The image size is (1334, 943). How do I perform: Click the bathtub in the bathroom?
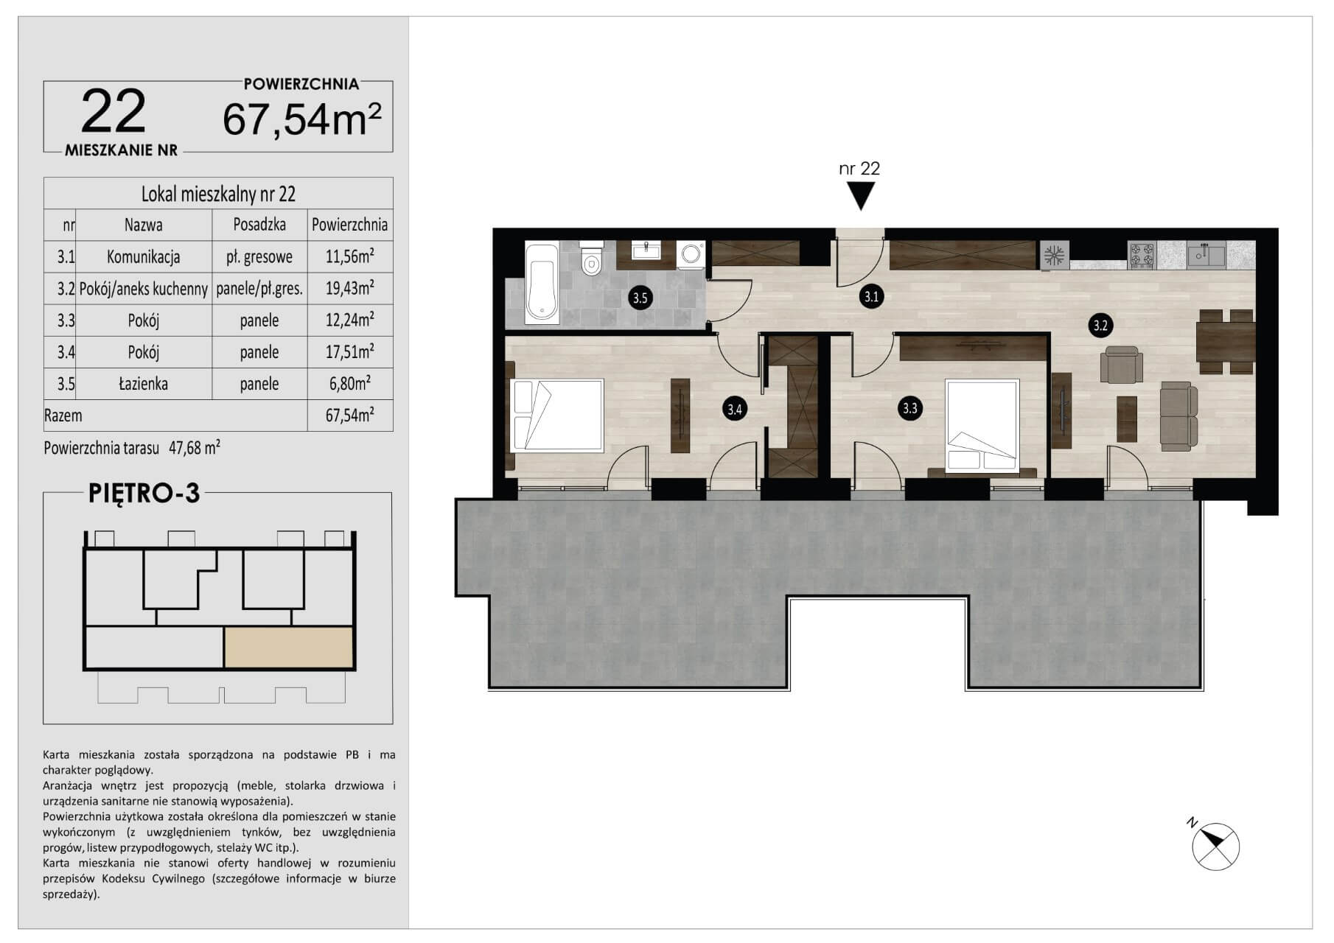[x=542, y=283]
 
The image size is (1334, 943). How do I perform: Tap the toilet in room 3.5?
[x=591, y=257]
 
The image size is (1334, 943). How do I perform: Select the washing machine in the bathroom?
[x=691, y=255]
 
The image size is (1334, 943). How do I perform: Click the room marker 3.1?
[x=872, y=298]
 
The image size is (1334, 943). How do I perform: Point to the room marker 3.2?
[x=1100, y=326]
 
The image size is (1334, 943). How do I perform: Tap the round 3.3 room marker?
[x=910, y=408]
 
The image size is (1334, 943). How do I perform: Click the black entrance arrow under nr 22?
[x=860, y=196]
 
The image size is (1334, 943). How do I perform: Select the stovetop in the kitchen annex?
[x=1142, y=256]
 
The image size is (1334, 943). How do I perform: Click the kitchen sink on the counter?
[x=1206, y=256]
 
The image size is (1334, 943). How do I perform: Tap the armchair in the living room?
[x=1121, y=365]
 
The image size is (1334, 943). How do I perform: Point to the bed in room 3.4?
[x=557, y=414]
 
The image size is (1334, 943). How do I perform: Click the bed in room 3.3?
[x=982, y=424]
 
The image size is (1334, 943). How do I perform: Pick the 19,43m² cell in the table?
[x=350, y=288]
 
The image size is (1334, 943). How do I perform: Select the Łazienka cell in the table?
[x=144, y=384]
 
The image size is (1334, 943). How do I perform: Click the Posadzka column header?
[x=259, y=225]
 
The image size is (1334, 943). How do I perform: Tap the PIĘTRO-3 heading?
[x=144, y=493]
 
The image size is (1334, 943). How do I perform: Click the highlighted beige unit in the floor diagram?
[x=288, y=648]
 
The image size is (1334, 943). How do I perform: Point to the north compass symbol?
[x=1215, y=845]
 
